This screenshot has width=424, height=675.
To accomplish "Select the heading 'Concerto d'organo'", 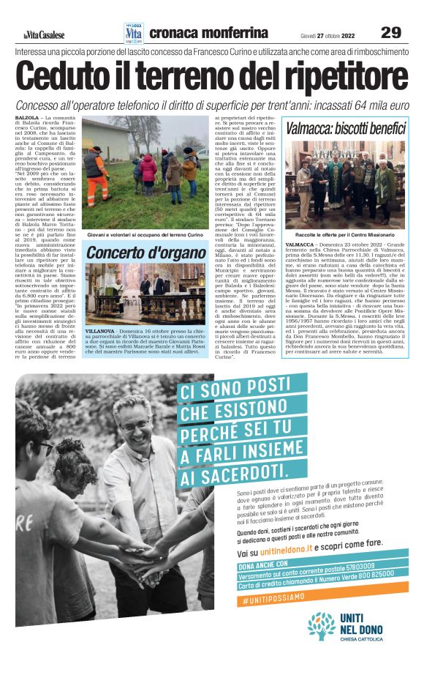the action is [145, 254].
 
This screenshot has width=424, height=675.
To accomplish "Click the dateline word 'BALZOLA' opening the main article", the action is [26, 117].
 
